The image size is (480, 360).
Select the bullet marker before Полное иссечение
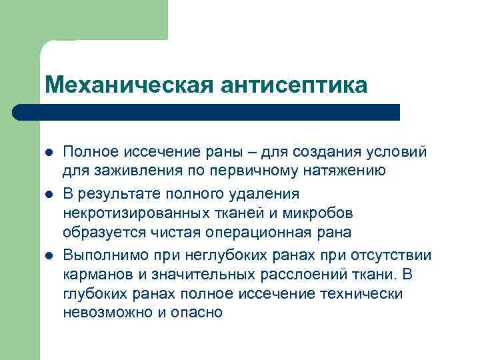pyautogui.click(x=48, y=152)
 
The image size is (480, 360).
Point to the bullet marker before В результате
pyautogui.click(x=48, y=194)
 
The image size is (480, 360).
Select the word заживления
pyautogui.click(x=126, y=172)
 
